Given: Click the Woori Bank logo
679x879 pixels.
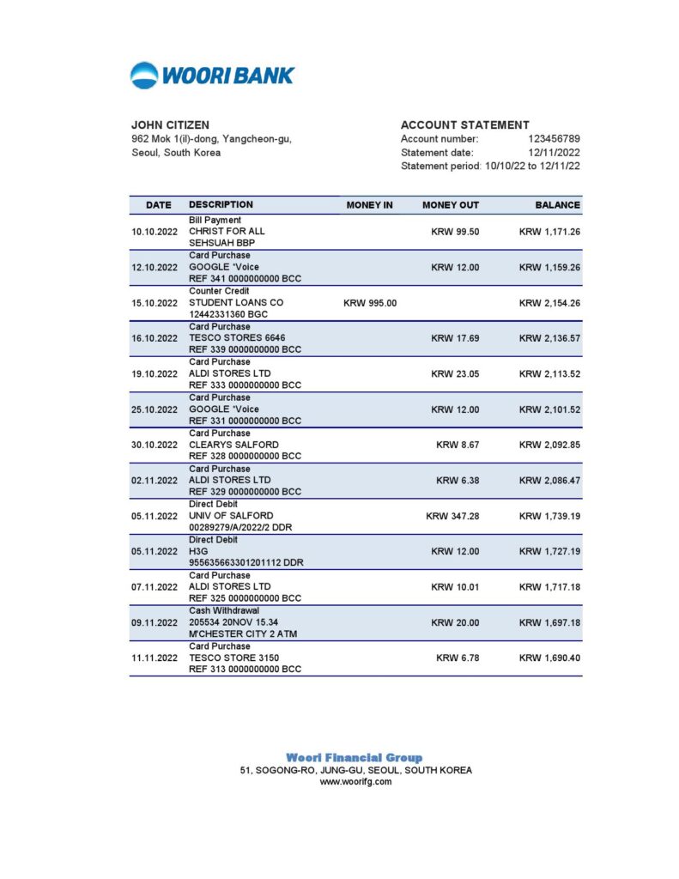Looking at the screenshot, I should pos(212,76).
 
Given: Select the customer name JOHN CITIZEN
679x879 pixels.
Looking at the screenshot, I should pos(170,125).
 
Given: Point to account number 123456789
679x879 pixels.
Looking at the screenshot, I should pos(554,139).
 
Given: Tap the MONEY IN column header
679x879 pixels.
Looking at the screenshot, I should pos(369,205).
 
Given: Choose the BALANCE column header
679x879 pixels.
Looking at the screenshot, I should pos(557,205).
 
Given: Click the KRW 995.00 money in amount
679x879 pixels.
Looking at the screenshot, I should pos(370,303).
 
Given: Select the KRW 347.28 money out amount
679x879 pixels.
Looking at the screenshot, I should pos(452,516).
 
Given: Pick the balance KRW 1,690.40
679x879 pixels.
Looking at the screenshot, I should pos(549,658).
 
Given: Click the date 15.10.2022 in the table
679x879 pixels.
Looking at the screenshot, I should pos(155,303).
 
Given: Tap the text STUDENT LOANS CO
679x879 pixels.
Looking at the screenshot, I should pos(236,303).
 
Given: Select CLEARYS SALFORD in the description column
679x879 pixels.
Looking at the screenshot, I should pos(233,445).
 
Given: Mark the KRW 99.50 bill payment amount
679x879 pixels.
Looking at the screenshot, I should pos(455,232).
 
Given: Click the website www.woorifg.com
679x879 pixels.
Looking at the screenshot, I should pos(355,782).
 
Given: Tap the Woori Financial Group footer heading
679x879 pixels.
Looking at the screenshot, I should pos(354,758).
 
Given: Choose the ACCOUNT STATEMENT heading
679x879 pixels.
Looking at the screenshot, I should pos(464,125).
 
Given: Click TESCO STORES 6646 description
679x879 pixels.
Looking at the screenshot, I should pos(237,338).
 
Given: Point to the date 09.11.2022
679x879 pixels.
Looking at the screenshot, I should pos(155,622).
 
